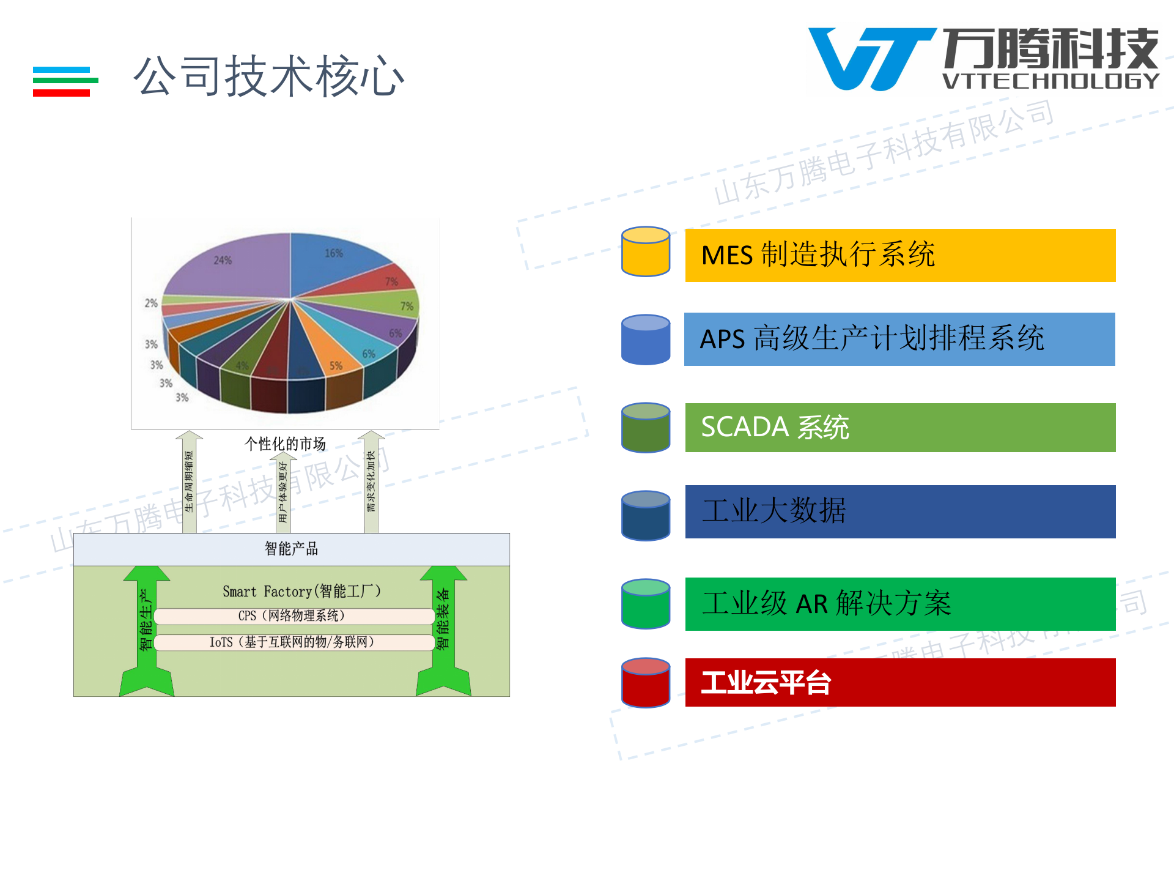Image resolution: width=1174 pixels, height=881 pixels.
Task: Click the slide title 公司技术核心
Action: pyautogui.click(x=269, y=76)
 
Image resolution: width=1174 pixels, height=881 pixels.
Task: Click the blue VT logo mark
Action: pyautogui.click(x=871, y=58)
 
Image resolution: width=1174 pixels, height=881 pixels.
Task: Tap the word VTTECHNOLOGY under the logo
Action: pyautogui.click(x=1050, y=81)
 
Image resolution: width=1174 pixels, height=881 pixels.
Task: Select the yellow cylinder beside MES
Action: pyautogui.click(x=646, y=252)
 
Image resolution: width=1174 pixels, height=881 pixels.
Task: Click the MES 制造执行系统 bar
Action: pyautogui.click(x=900, y=255)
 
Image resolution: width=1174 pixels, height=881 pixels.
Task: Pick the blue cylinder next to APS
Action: pyautogui.click(x=646, y=340)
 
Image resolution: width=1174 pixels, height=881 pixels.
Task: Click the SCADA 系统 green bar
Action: pyautogui.click(x=900, y=428)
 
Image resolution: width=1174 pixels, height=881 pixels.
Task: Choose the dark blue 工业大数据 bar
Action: pyautogui.click(x=900, y=511)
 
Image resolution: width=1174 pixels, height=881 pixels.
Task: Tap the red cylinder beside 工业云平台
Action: pyautogui.click(x=646, y=683)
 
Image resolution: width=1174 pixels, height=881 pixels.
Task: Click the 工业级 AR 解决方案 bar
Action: pyautogui.click(x=900, y=604)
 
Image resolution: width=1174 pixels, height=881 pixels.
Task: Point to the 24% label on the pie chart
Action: pyautogui.click(x=223, y=261)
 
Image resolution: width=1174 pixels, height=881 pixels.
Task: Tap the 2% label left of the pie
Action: pyautogui.click(x=151, y=303)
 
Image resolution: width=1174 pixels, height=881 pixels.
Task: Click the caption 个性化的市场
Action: pyautogui.click(x=285, y=444)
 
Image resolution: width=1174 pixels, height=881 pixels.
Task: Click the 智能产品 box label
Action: pyautogui.click(x=291, y=549)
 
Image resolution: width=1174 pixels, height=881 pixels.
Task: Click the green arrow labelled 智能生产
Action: pyautogui.click(x=146, y=630)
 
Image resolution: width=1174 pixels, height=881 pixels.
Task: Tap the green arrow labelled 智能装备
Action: pyautogui.click(x=443, y=630)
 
